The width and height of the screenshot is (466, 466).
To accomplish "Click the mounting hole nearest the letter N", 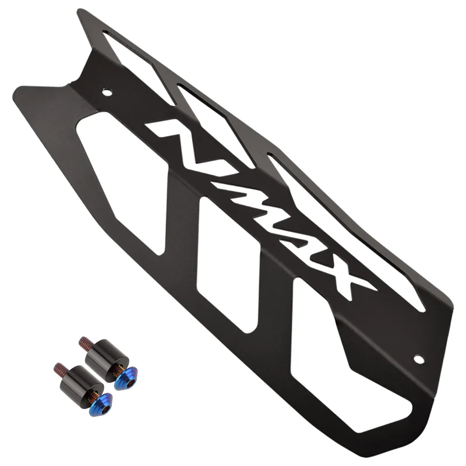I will [x=107, y=91].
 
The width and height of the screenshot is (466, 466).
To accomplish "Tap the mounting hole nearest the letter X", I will [x=418, y=359].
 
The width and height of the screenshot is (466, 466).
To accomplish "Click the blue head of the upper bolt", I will [x=124, y=380].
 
